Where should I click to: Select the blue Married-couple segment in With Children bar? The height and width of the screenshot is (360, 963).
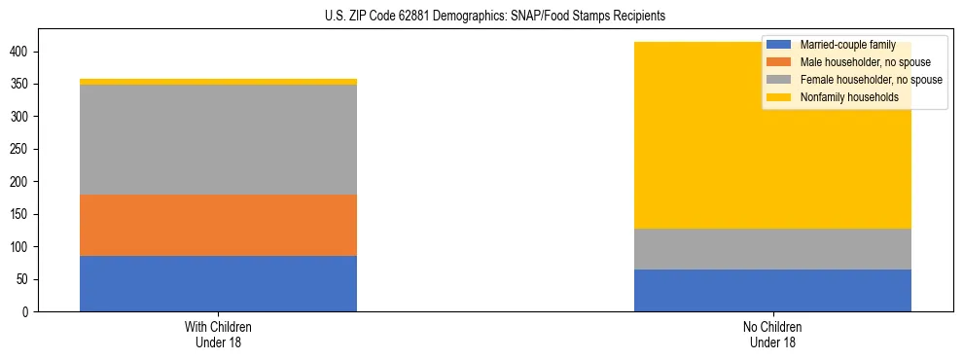pos(218,283)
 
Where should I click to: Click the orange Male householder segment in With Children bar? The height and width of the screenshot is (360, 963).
pos(218,225)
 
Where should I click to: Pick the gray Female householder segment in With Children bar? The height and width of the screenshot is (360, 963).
pos(218,139)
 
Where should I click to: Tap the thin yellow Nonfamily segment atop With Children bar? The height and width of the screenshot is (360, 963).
pos(218,82)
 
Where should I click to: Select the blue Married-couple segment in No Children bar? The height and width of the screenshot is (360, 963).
pos(772,290)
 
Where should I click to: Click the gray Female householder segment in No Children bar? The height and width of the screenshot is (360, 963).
pos(772,249)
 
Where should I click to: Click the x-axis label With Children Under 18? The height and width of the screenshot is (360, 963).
pos(218,334)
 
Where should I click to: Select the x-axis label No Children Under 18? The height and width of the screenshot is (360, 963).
pos(772,334)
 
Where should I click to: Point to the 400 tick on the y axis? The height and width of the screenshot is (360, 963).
pos(22,52)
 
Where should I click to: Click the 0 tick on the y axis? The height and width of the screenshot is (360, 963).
pos(29,311)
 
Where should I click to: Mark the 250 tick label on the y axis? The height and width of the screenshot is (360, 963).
pos(22,149)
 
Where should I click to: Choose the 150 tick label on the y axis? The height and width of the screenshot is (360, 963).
pos(22,214)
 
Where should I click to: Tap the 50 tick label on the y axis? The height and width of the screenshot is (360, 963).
pos(25,279)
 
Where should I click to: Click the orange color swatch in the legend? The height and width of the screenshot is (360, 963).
pos(779,62)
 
